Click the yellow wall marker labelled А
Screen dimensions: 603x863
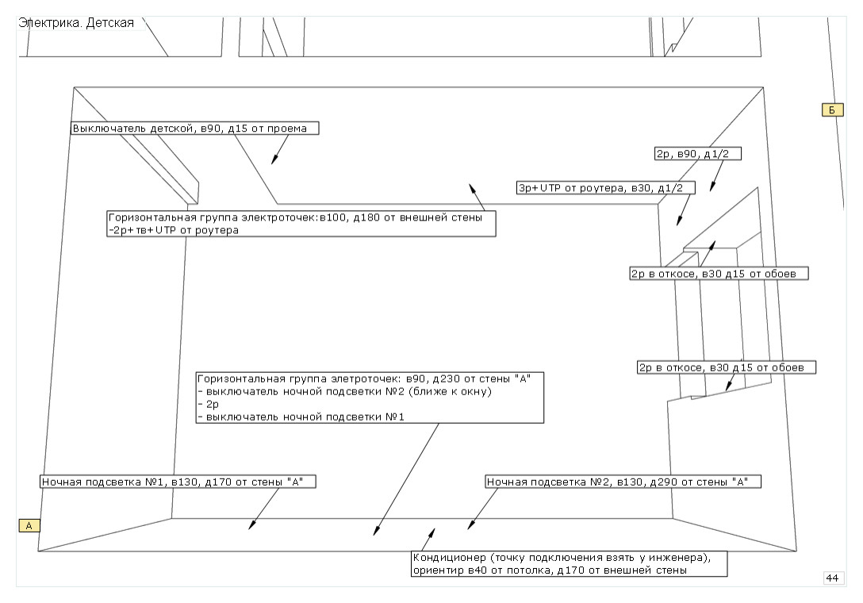[29, 525]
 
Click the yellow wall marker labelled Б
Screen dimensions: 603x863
[831, 110]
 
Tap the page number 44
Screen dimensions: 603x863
[833, 578]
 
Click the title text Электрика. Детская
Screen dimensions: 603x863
[76, 22]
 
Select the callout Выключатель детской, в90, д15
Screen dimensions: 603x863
[195, 129]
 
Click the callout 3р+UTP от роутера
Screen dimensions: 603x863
[604, 188]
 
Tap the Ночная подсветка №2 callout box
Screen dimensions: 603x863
[623, 482]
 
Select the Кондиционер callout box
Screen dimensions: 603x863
[569, 563]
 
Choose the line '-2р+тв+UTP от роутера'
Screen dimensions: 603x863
[174, 230]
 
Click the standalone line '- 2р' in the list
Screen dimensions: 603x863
[208, 404]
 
